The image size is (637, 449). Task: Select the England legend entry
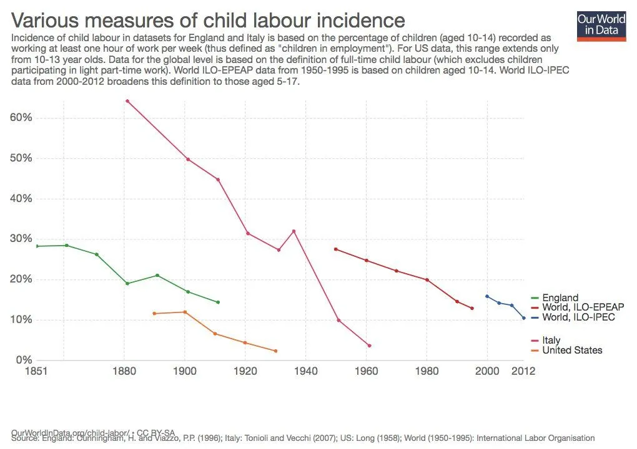[x=560, y=298]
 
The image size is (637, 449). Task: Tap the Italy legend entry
[x=551, y=340]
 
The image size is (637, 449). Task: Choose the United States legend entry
[x=572, y=350]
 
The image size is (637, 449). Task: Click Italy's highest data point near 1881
[x=127, y=100]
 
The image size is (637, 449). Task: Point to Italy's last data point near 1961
[x=370, y=345]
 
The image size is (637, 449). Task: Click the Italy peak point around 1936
[x=294, y=231]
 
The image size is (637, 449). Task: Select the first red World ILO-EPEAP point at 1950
[x=336, y=249]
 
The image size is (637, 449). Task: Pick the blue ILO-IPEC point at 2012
[x=524, y=318]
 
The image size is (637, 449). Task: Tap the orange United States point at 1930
[x=275, y=351]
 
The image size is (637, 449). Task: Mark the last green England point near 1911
[x=218, y=302]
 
